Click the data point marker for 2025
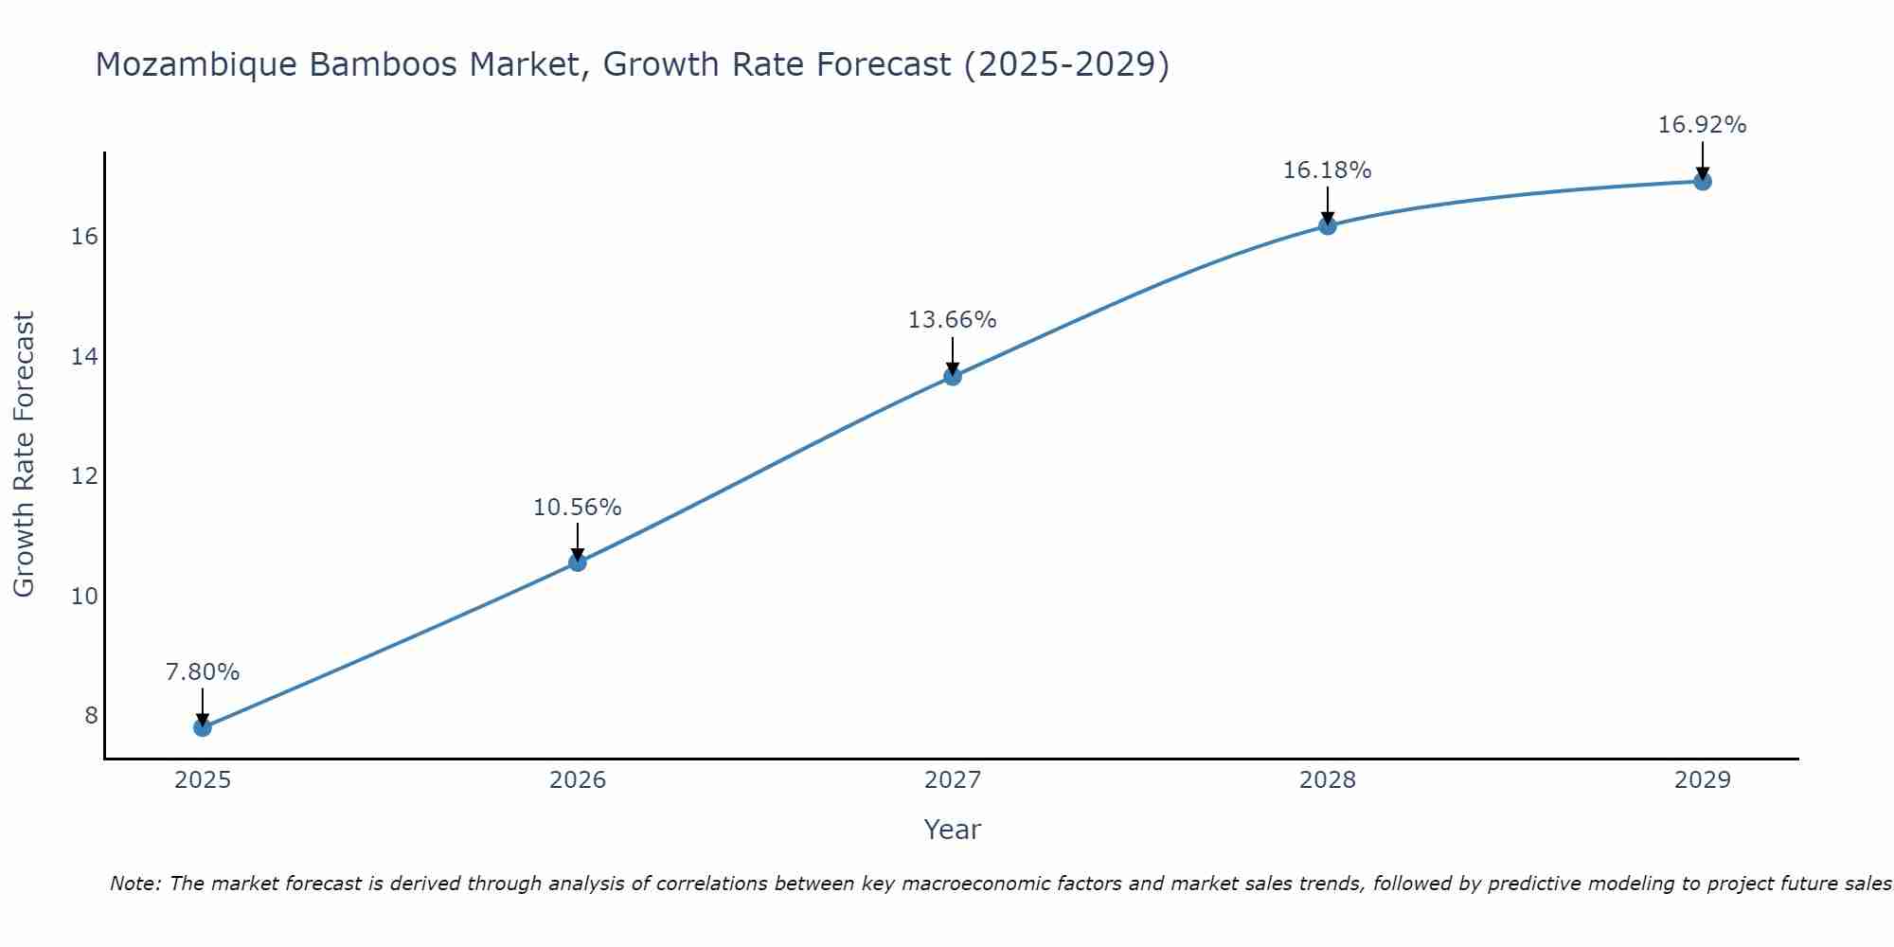click(x=203, y=727)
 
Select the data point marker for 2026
click(x=578, y=563)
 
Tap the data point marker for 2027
click(x=953, y=376)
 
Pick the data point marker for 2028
click(x=1328, y=225)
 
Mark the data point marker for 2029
click(x=1703, y=181)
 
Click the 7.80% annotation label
click(x=203, y=672)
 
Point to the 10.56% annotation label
click(x=578, y=508)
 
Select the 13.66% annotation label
click(x=953, y=320)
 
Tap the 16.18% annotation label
click(x=1328, y=170)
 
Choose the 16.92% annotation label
click(x=1703, y=125)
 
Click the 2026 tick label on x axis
click(x=578, y=780)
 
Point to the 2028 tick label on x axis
click(x=1328, y=780)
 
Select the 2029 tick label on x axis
click(x=1703, y=780)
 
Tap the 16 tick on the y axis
click(x=84, y=237)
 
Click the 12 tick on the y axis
click(x=84, y=476)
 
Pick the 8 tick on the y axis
click(x=91, y=716)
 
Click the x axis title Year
click(x=953, y=830)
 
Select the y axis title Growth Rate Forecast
click(x=24, y=455)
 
